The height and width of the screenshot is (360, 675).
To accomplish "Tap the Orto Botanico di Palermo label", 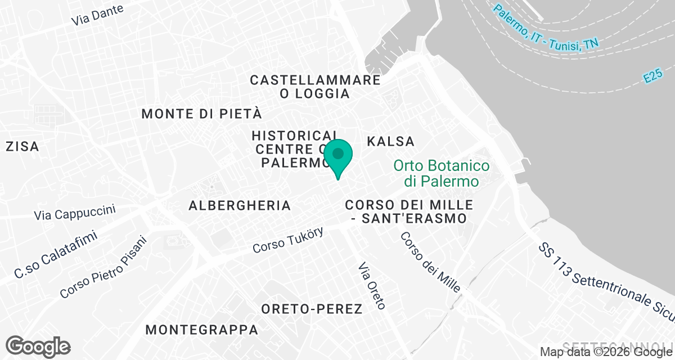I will point(441,174).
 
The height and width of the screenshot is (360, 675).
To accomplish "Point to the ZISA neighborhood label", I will point(22,147).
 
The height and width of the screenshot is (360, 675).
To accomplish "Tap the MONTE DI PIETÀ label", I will point(202,114).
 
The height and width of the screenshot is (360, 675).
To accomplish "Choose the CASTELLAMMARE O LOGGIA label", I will point(315,87).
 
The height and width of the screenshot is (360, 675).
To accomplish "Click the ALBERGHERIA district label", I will point(240,205).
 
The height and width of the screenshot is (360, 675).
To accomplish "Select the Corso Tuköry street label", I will point(287,240).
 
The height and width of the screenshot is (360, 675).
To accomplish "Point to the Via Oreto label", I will point(372,286).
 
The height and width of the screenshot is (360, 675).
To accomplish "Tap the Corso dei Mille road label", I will point(430,262).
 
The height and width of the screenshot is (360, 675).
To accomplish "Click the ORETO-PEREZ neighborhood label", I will point(312,309).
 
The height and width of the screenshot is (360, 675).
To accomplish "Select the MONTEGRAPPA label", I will point(202,330).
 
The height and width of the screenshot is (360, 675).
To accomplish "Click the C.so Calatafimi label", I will point(56,254).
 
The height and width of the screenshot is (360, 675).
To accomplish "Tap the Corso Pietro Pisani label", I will point(103,267).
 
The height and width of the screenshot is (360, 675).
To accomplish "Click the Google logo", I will point(38,346).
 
